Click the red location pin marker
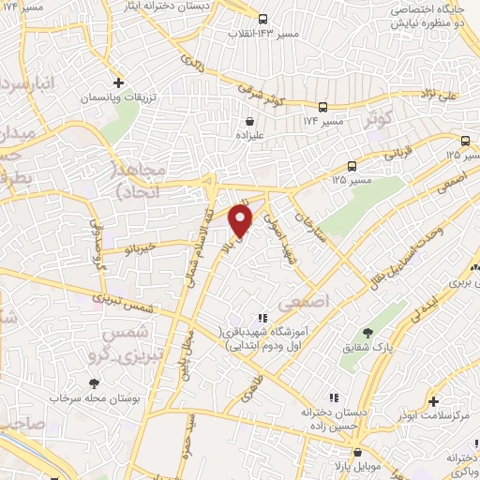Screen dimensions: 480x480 pyautogui.click(x=241, y=221)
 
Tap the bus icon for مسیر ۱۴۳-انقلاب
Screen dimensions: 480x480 pyautogui.click(x=262, y=19)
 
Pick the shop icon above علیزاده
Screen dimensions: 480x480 pyautogui.click(x=249, y=120)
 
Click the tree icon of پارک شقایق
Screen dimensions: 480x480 pyautogui.click(x=368, y=332)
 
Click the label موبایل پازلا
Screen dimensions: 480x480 pyautogui.click(x=322, y=465)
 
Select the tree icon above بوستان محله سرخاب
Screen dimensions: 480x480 pyautogui.click(x=94, y=382)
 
